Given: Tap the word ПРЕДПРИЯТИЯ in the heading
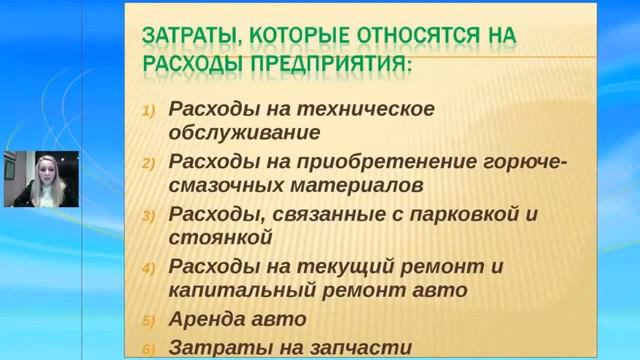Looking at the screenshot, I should (328, 66).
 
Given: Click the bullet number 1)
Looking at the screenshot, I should (149, 110).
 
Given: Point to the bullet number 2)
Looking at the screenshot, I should (149, 162).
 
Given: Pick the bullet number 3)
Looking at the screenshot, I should (149, 215).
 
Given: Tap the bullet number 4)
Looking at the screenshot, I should (149, 268).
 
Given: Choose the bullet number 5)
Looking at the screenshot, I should (149, 321).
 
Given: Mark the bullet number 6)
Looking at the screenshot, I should (149, 349).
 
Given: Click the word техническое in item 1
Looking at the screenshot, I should (353, 108).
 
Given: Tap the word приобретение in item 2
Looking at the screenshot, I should (379, 161).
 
